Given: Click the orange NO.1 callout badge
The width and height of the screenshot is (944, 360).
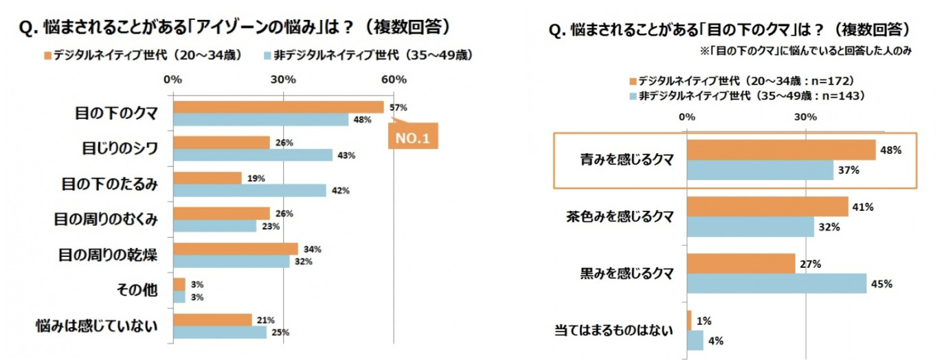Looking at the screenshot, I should tap(412, 137).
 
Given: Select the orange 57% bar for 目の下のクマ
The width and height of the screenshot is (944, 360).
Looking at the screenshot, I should tap(278, 106).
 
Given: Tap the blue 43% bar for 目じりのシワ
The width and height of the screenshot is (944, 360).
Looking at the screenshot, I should tap(253, 155).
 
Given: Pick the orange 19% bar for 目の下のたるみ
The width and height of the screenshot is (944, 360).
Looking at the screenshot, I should tap(207, 178).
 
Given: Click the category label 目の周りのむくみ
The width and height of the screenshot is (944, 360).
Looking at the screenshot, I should tap(106, 219).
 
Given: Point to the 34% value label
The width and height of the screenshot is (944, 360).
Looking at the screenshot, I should tap(313, 249).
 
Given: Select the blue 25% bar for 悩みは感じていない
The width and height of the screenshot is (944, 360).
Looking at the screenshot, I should tap(220, 333).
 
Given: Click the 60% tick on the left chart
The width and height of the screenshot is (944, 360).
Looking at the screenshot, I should tap(393, 80).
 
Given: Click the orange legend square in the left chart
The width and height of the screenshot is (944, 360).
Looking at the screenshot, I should tap(47, 54).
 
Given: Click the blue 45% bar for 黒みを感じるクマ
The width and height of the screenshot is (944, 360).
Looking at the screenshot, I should tap(776, 283).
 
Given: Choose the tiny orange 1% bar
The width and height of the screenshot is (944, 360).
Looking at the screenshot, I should tap(689, 320).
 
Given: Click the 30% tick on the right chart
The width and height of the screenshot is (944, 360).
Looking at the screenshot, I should tap(805, 116).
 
